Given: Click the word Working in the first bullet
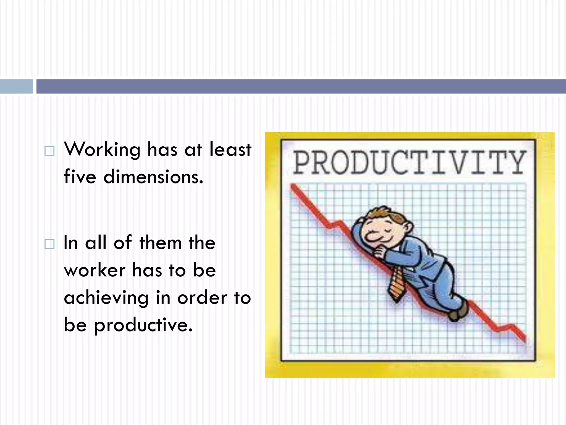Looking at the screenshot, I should click(x=102, y=150).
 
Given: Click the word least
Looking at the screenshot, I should click(x=230, y=149).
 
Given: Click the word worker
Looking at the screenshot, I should click(x=95, y=270).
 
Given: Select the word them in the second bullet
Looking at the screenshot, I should click(x=160, y=243).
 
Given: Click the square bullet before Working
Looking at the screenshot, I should click(x=49, y=151).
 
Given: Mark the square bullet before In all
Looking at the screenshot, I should click(x=49, y=244).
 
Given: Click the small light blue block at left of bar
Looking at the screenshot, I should click(x=16, y=86).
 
